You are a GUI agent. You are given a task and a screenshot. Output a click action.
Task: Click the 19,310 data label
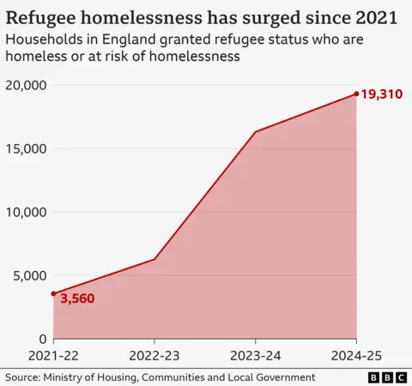click(382, 94)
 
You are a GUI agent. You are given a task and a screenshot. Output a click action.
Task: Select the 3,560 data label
click(76, 299)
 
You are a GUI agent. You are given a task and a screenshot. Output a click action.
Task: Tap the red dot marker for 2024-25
click(356, 94)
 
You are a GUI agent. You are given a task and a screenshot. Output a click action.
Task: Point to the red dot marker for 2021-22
click(54, 294)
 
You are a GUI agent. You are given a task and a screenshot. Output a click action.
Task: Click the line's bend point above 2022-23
click(154, 259)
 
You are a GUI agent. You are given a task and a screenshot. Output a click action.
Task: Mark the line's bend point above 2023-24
click(256, 131)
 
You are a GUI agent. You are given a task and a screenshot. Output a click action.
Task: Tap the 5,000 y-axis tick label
click(28, 275)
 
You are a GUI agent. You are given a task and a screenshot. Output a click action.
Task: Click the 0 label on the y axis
click(43, 339)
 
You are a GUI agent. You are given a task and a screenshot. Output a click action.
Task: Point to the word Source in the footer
click(24, 377)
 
